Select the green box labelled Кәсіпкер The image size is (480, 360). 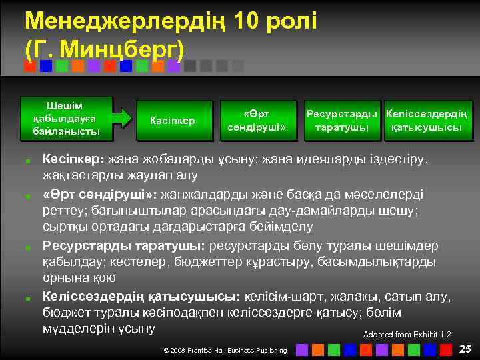click(172, 121)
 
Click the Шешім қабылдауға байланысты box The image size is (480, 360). click(66, 118)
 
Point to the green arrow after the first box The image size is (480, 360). click(123, 118)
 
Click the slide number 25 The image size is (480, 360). click(465, 348)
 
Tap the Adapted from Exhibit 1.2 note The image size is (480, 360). click(407, 334)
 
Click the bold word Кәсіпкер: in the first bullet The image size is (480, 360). click(73, 161)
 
